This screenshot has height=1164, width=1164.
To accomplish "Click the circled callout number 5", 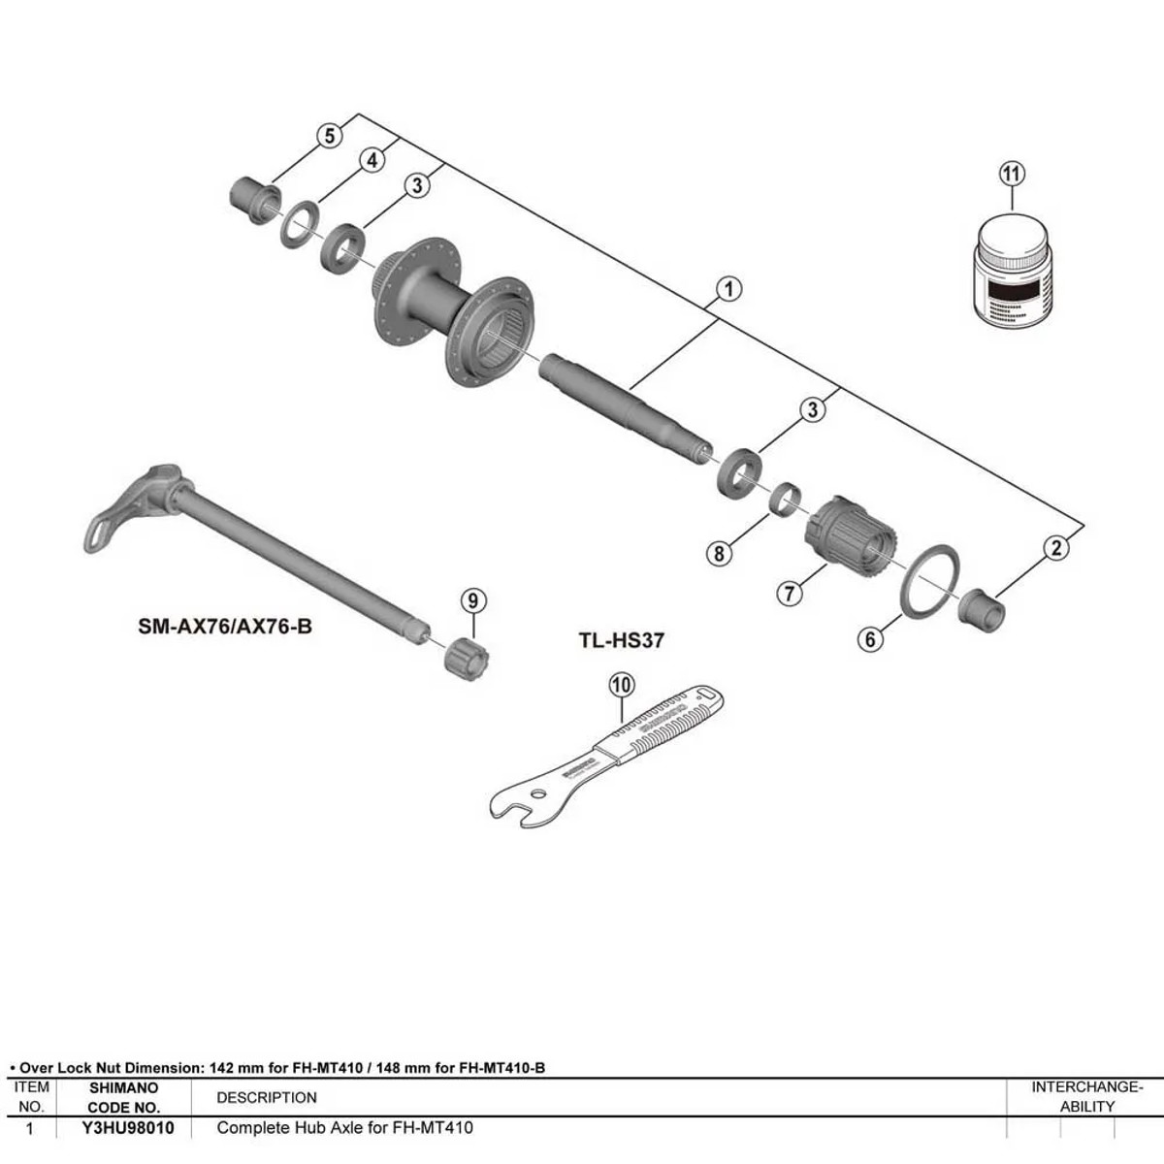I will (330, 135).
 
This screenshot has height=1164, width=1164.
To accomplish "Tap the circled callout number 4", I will (373, 160).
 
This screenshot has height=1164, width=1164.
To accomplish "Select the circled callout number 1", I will (728, 288).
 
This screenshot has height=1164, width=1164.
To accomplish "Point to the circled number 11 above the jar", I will (1011, 174).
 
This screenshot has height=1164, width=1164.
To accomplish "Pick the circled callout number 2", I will (1056, 547).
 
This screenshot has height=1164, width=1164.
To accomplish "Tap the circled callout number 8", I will (718, 553).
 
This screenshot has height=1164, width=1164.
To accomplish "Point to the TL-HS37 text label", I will (621, 640).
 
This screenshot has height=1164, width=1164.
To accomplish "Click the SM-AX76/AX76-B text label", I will (225, 627).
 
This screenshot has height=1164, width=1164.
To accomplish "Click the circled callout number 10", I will (621, 685).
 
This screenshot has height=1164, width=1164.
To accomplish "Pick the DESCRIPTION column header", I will (267, 1098).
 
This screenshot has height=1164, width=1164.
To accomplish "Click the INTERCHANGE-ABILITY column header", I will (1086, 1097).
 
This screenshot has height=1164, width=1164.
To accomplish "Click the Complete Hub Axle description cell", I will (344, 1128).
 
